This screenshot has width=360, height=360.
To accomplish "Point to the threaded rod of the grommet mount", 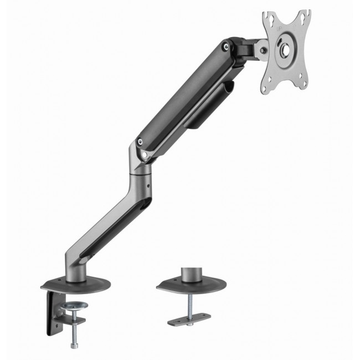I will [189, 305].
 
